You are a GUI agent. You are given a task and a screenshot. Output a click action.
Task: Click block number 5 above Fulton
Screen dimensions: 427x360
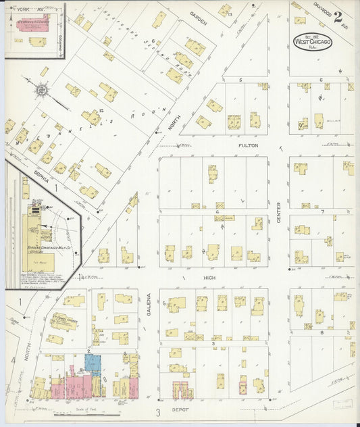click(240, 80)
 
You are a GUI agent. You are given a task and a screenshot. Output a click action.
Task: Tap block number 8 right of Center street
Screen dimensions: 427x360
click(322, 332)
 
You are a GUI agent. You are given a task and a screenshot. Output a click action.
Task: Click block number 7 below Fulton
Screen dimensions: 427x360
click(323, 211)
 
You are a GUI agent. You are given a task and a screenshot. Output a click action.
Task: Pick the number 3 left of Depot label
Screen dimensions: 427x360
click(157, 411)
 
